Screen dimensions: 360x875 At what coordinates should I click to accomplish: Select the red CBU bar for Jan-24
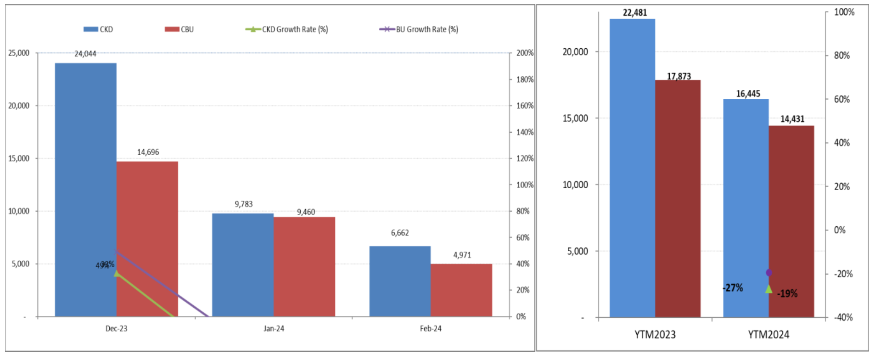click(x=304, y=266)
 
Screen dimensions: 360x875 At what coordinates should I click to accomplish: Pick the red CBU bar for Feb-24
click(x=461, y=290)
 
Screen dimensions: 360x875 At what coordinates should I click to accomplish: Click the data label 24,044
click(x=85, y=54)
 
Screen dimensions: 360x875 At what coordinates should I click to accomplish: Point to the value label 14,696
click(x=148, y=152)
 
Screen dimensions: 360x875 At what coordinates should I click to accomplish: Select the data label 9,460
click(x=306, y=212)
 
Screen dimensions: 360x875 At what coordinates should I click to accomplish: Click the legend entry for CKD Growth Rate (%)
click(x=295, y=29)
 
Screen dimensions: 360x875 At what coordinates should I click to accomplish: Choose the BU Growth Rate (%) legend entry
click(x=427, y=29)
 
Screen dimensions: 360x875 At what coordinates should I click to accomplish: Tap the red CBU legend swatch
click(x=172, y=29)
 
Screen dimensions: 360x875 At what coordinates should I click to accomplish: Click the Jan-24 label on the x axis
click(x=274, y=328)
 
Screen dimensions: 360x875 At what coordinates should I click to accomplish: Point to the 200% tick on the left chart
click(x=525, y=53)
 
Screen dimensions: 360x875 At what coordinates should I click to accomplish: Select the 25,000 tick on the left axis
click(x=19, y=53)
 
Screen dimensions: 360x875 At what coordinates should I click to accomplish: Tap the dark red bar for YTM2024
click(x=791, y=221)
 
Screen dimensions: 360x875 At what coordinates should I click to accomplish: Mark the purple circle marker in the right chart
click(x=769, y=273)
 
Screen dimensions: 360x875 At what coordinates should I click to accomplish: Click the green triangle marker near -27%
click(x=769, y=289)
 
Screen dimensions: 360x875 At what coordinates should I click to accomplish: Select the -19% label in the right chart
click(x=787, y=293)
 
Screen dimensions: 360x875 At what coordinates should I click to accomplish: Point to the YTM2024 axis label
click(x=768, y=334)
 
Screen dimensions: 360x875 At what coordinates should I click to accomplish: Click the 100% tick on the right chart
click(x=844, y=12)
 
